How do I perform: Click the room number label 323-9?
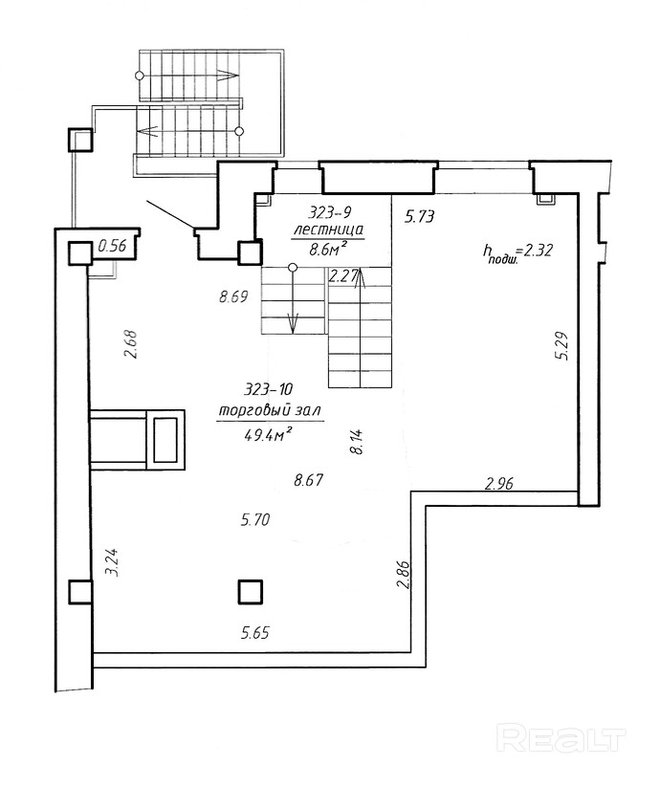coord(329,213)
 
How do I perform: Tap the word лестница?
coord(328,230)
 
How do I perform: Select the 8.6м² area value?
coord(329,250)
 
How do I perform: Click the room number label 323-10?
coord(268,389)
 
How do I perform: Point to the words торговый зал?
coord(270,411)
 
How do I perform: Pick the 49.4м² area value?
coord(269,435)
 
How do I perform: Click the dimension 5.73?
coord(419,216)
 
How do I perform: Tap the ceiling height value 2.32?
coord(539,250)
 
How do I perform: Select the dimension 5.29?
coord(561,346)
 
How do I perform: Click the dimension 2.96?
coord(499,483)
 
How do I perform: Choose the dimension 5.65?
coord(254,632)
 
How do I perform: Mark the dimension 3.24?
coord(114,561)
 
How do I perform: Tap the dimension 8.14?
coord(357,441)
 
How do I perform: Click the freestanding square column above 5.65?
coord(250,592)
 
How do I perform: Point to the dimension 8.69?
coord(233,296)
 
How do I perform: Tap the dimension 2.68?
coord(131,344)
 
